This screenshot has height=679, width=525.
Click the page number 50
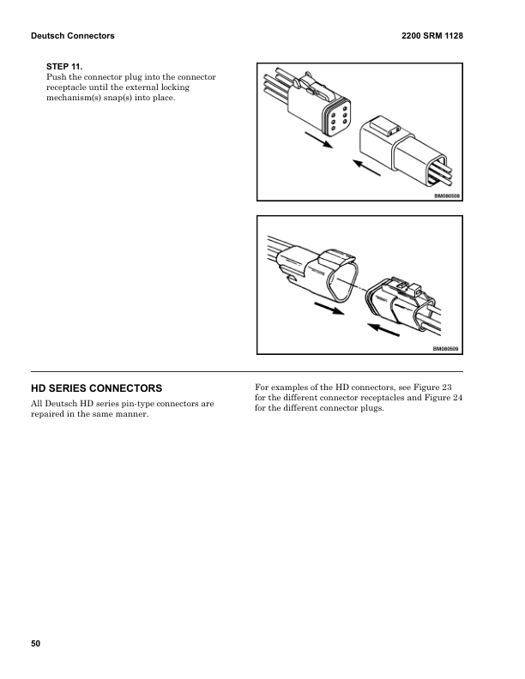(x=35, y=643)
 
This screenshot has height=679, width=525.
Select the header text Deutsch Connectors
(x=72, y=36)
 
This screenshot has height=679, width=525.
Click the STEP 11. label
(x=64, y=66)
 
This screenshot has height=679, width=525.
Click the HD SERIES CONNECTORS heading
(x=96, y=388)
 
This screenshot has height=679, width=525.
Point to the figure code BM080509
(x=446, y=349)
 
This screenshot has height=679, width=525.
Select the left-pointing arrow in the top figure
(x=366, y=166)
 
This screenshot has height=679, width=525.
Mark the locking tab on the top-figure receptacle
(x=383, y=129)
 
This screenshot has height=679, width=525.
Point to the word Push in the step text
(x=57, y=77)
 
